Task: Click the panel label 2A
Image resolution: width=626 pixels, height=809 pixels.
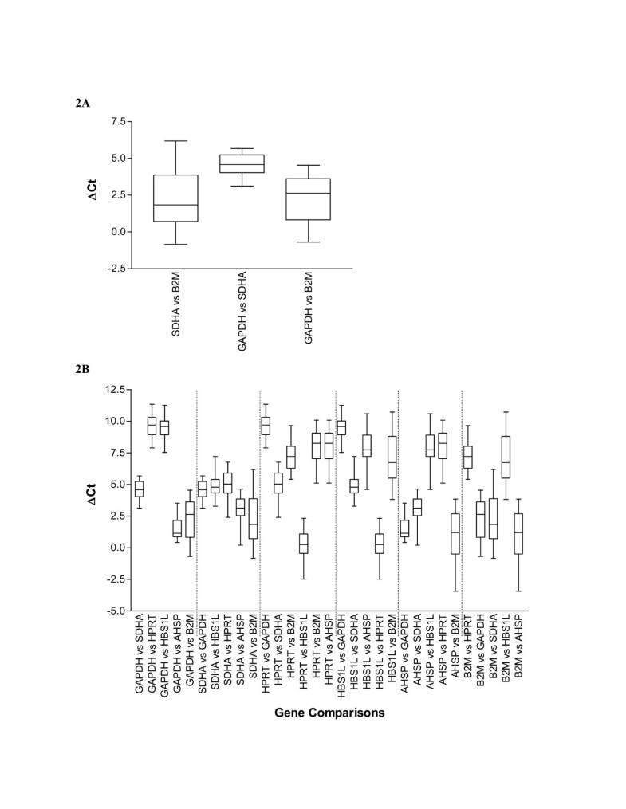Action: coord(82,104)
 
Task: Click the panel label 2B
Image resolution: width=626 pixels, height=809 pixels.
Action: coord(82,370)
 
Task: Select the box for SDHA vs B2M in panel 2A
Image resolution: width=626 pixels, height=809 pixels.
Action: coord(175,198)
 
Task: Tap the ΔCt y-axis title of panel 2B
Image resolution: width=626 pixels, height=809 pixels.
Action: coord(93,501)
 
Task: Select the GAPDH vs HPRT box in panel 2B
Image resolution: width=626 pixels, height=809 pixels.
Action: coord(152,426)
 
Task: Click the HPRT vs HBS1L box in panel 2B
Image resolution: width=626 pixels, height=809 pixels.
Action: coord(304,543)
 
